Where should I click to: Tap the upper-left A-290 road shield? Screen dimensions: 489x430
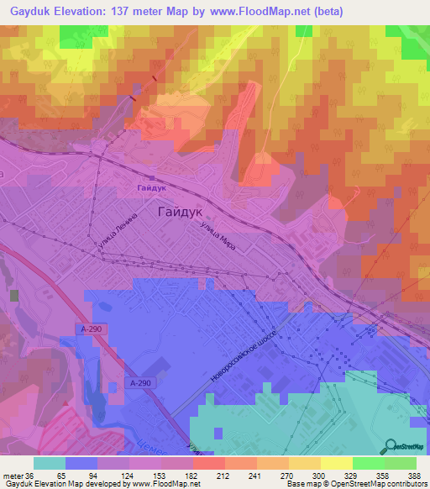[x=93, y=330]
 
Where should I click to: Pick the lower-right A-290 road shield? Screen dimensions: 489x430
[x=143, y=383]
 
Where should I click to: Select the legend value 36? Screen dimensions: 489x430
[x=30, y=475]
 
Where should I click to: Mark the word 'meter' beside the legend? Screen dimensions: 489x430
[x=12, y=475]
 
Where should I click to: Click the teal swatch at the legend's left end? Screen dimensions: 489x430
[x=50, y=463]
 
